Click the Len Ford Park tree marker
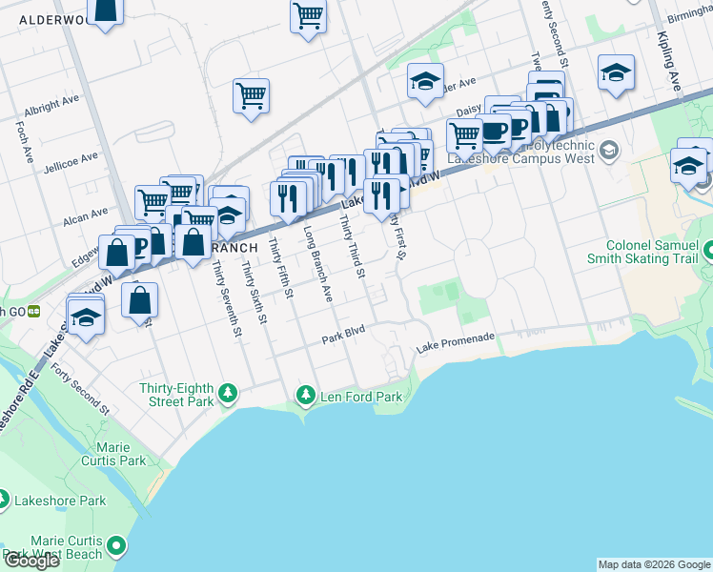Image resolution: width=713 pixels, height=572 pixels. [306, 394]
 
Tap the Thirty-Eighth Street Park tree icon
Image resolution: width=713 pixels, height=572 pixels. [228, 393]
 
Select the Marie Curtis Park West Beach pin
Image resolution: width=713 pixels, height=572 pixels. [116, 546]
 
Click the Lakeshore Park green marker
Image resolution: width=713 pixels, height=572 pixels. [4, 500]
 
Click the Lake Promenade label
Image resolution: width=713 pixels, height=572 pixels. [456, 338]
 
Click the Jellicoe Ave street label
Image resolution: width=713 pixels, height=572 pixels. [71, 158]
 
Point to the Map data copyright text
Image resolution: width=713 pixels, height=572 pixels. [654, 564]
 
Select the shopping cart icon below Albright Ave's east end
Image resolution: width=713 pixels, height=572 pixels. [251, 95]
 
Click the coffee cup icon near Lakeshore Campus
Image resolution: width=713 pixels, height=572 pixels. [494, 130]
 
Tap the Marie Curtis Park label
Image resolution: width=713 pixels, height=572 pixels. [119, 454]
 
